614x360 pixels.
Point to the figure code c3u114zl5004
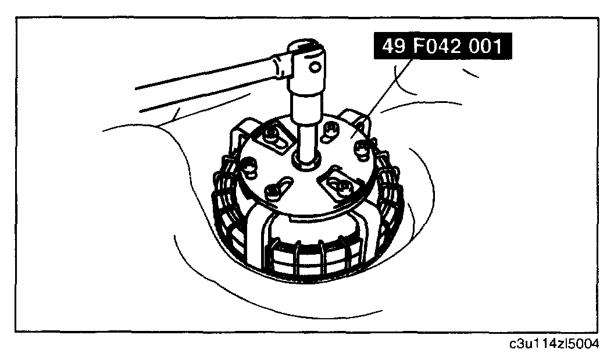click(554, 344)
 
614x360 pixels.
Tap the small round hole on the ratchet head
click(315, 67)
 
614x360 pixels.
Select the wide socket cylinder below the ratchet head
click(306, 106)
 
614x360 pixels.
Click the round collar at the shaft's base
click(306, 160)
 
